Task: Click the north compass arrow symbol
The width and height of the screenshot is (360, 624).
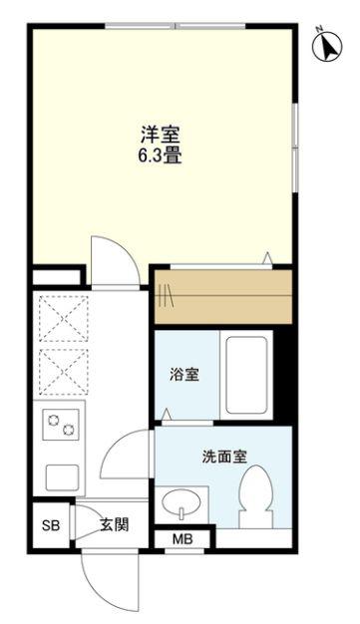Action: tap(327, 46)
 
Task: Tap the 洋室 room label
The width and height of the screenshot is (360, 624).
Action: tap(161, 136)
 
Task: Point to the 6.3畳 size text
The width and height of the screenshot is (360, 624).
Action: tap(161, 156)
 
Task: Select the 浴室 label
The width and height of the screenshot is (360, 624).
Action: tap(183, 375)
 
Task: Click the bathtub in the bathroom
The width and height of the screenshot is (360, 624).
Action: tap(246, 375)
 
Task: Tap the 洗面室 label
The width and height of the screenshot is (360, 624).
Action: tap(224, 457)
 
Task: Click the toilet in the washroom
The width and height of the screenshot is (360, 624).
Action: tap(255, 496)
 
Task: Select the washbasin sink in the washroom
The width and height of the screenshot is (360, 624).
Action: tap(181, 502)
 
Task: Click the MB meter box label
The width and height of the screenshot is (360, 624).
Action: tap(182, 539)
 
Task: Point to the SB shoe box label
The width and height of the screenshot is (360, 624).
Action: tap(51, 525)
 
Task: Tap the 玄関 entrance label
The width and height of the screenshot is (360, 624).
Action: tap(115, 525)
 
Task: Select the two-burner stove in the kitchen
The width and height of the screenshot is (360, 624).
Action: tap(61, 425)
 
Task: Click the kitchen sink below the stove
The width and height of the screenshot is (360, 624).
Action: tap(62, 477)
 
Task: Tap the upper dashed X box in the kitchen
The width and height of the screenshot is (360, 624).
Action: tap(64, 319)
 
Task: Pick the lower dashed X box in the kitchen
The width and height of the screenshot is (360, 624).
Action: tap(64, 372)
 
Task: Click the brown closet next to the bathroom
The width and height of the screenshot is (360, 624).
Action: tap(223, 297)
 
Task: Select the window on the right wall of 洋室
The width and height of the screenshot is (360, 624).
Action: tap(295, 148)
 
